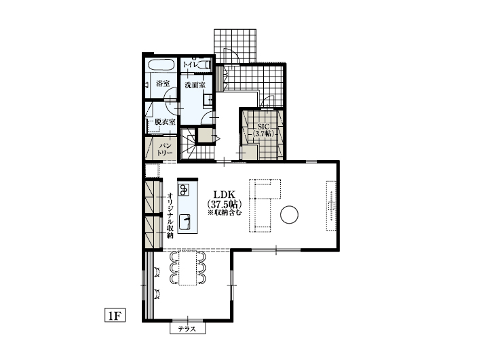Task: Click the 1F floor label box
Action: point(115,315)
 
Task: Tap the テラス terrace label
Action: point(187,329)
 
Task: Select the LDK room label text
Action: point(225,195)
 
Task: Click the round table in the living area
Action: point(289,215)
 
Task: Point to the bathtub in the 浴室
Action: point(161,65)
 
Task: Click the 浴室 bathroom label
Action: point(163,83)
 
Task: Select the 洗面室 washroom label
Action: point(195,85)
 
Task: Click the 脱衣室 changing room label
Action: point(165,122)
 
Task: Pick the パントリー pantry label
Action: point(165,149)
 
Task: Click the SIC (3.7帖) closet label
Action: point(263,130)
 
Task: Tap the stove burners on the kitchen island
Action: point(184,190)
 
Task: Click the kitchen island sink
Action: point(184,222)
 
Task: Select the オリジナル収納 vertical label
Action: point(170,216)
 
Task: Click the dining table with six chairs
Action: point(187,268)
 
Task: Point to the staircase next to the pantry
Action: point(188,144)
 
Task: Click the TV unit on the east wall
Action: point(331,205)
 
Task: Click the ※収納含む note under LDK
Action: point(225,212)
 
